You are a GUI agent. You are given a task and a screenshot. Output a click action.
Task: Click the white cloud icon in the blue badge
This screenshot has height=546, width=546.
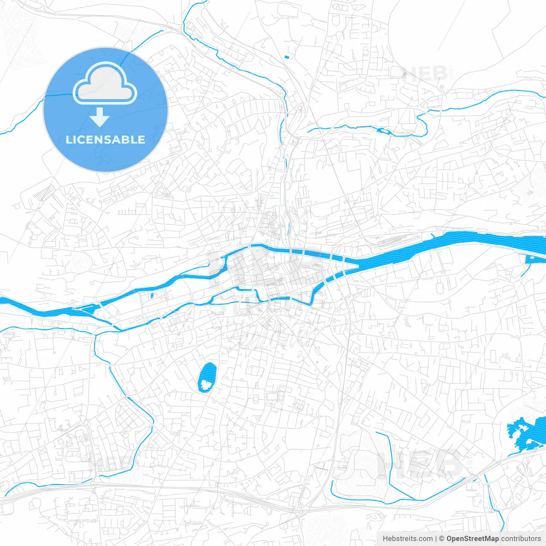tap(105, 84)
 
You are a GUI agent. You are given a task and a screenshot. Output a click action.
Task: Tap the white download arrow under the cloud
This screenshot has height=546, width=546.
tap(99, 117)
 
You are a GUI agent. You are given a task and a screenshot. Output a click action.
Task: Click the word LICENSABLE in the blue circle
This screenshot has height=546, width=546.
tap(105, 139)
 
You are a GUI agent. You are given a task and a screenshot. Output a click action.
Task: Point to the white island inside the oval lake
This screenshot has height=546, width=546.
tap(206, 385)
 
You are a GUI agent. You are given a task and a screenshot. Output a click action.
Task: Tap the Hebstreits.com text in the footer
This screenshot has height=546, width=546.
tap(407, 539)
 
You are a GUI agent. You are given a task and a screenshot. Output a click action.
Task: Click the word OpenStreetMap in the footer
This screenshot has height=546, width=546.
tap(473, 539)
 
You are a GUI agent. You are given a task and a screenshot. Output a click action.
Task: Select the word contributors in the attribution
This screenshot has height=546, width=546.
tap(521, 539)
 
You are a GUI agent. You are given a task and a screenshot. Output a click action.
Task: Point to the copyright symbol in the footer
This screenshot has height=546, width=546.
tap(442, 539)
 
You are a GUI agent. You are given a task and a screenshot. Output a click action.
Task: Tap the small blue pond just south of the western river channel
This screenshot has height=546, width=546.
tap(152, 295)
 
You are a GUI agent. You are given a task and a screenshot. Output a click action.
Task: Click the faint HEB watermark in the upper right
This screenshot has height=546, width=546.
tap(424, 74)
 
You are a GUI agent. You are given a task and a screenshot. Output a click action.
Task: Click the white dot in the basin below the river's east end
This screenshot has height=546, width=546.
tap(532, 257)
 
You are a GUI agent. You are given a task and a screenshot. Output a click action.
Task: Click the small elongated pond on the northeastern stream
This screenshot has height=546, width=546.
tap(384, 131)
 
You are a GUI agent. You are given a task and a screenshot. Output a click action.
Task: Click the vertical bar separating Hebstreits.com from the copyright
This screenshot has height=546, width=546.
tap(436, 539)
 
